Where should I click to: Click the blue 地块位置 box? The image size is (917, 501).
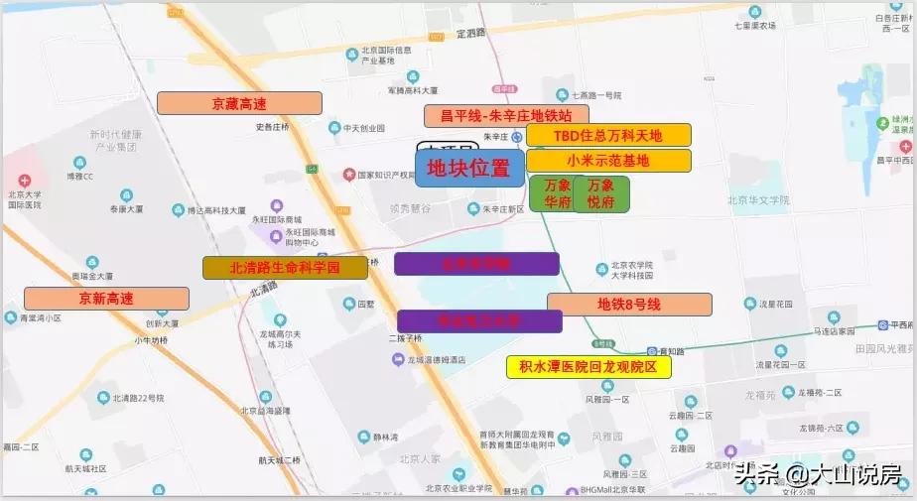(x=468, y=170)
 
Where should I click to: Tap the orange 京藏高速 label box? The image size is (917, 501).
(x=239, y=103)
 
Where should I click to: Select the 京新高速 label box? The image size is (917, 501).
(x=106, y=298)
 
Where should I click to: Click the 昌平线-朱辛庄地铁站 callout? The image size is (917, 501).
(x=506, y=116)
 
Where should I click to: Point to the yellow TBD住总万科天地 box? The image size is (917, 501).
(x=608, y=135)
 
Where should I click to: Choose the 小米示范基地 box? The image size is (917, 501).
(x=608, y=160)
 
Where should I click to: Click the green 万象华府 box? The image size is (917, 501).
(x=557, y=193)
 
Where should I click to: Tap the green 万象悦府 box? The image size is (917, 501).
(x=600, y=193)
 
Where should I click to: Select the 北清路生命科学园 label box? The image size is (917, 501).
(x=285, y=268)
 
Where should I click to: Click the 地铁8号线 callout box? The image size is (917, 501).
(x=629, y=305)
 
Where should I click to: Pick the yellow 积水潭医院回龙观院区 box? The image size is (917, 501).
(x=589, y=367)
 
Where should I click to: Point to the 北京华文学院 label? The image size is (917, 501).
(x=758, y=199)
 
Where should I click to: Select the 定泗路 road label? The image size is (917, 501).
(x=471, y=33)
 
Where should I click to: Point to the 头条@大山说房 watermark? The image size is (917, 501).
(x=819, y=476)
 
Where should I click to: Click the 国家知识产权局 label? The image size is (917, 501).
(x=392, y=175)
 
